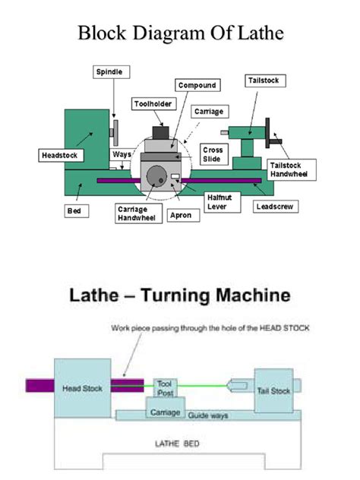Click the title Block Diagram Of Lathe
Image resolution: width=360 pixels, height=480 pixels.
coord(180,36)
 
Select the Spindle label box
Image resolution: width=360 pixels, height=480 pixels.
coord(107,71)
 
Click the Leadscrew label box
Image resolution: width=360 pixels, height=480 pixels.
coord(275,206)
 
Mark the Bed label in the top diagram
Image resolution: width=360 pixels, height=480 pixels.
coord(74,211)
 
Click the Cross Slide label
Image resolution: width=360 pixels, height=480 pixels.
coord(212,154)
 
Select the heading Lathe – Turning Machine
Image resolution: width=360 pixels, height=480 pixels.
coord(180,294)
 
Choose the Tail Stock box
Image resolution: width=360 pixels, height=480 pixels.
coord(273,390)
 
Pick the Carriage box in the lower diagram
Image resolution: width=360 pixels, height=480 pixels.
coord(165,412)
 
